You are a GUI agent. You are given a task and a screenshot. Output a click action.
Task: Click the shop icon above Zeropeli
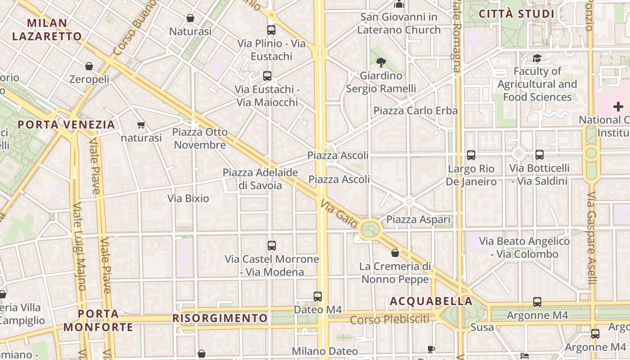(x=89, y=66)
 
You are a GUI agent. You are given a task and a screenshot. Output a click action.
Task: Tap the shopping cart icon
(x=141, y=125)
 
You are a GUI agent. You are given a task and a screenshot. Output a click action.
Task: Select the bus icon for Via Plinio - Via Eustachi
(x=271, y=30)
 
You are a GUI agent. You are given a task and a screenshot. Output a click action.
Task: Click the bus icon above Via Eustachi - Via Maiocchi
(x=267, y=76)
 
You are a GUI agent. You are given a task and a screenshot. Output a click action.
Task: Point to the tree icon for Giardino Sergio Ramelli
(x=381, y=62)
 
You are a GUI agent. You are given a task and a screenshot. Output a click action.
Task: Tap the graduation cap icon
(x=537, y=58)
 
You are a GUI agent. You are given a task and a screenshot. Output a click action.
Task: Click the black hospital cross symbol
(x=618, y=107)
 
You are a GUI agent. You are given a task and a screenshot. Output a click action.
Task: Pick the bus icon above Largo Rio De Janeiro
(x=471, y=155)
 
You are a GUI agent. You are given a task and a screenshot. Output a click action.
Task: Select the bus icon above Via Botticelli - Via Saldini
(x=539, y=155)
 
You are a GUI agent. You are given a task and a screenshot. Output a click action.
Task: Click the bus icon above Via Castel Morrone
(x=272, y=246)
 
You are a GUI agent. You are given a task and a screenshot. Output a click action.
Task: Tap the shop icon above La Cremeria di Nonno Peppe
(x=395, y=253)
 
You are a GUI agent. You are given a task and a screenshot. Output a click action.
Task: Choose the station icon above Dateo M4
(x=318, y=296)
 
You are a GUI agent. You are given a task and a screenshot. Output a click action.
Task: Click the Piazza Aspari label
(x=418, y=220)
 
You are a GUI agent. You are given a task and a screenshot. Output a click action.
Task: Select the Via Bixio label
(x=188, y=198)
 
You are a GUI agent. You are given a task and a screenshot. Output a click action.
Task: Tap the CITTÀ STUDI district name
(x=517, y=14)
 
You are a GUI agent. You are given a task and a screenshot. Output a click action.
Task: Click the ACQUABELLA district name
(x=431, y=301)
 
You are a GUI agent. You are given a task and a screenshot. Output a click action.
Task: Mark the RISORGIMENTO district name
(x=220, y=318)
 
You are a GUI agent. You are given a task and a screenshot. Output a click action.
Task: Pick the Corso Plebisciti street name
(x=390, y=320)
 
